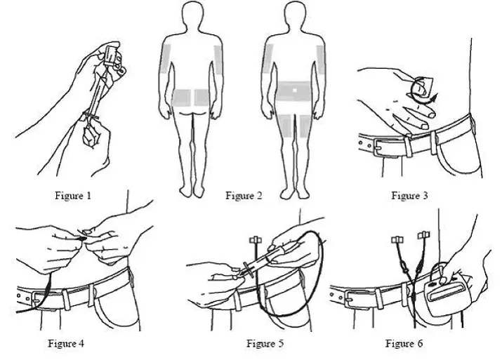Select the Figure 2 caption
point(244,195)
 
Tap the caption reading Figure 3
point(409,195)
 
